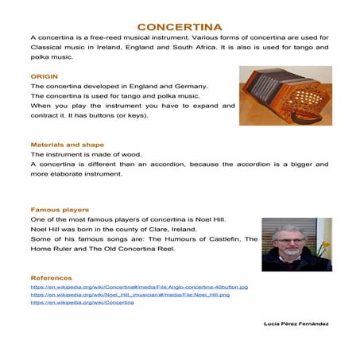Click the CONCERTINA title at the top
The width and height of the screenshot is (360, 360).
180,26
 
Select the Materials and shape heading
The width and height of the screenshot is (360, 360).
67,145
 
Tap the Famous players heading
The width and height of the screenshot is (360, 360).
59,210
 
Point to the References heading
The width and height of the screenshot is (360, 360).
51,277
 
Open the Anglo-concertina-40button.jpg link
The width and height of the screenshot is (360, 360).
138,287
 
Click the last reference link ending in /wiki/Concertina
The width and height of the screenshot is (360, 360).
82,303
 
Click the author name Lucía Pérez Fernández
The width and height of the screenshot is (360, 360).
296,324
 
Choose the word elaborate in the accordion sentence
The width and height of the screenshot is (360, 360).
65,173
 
